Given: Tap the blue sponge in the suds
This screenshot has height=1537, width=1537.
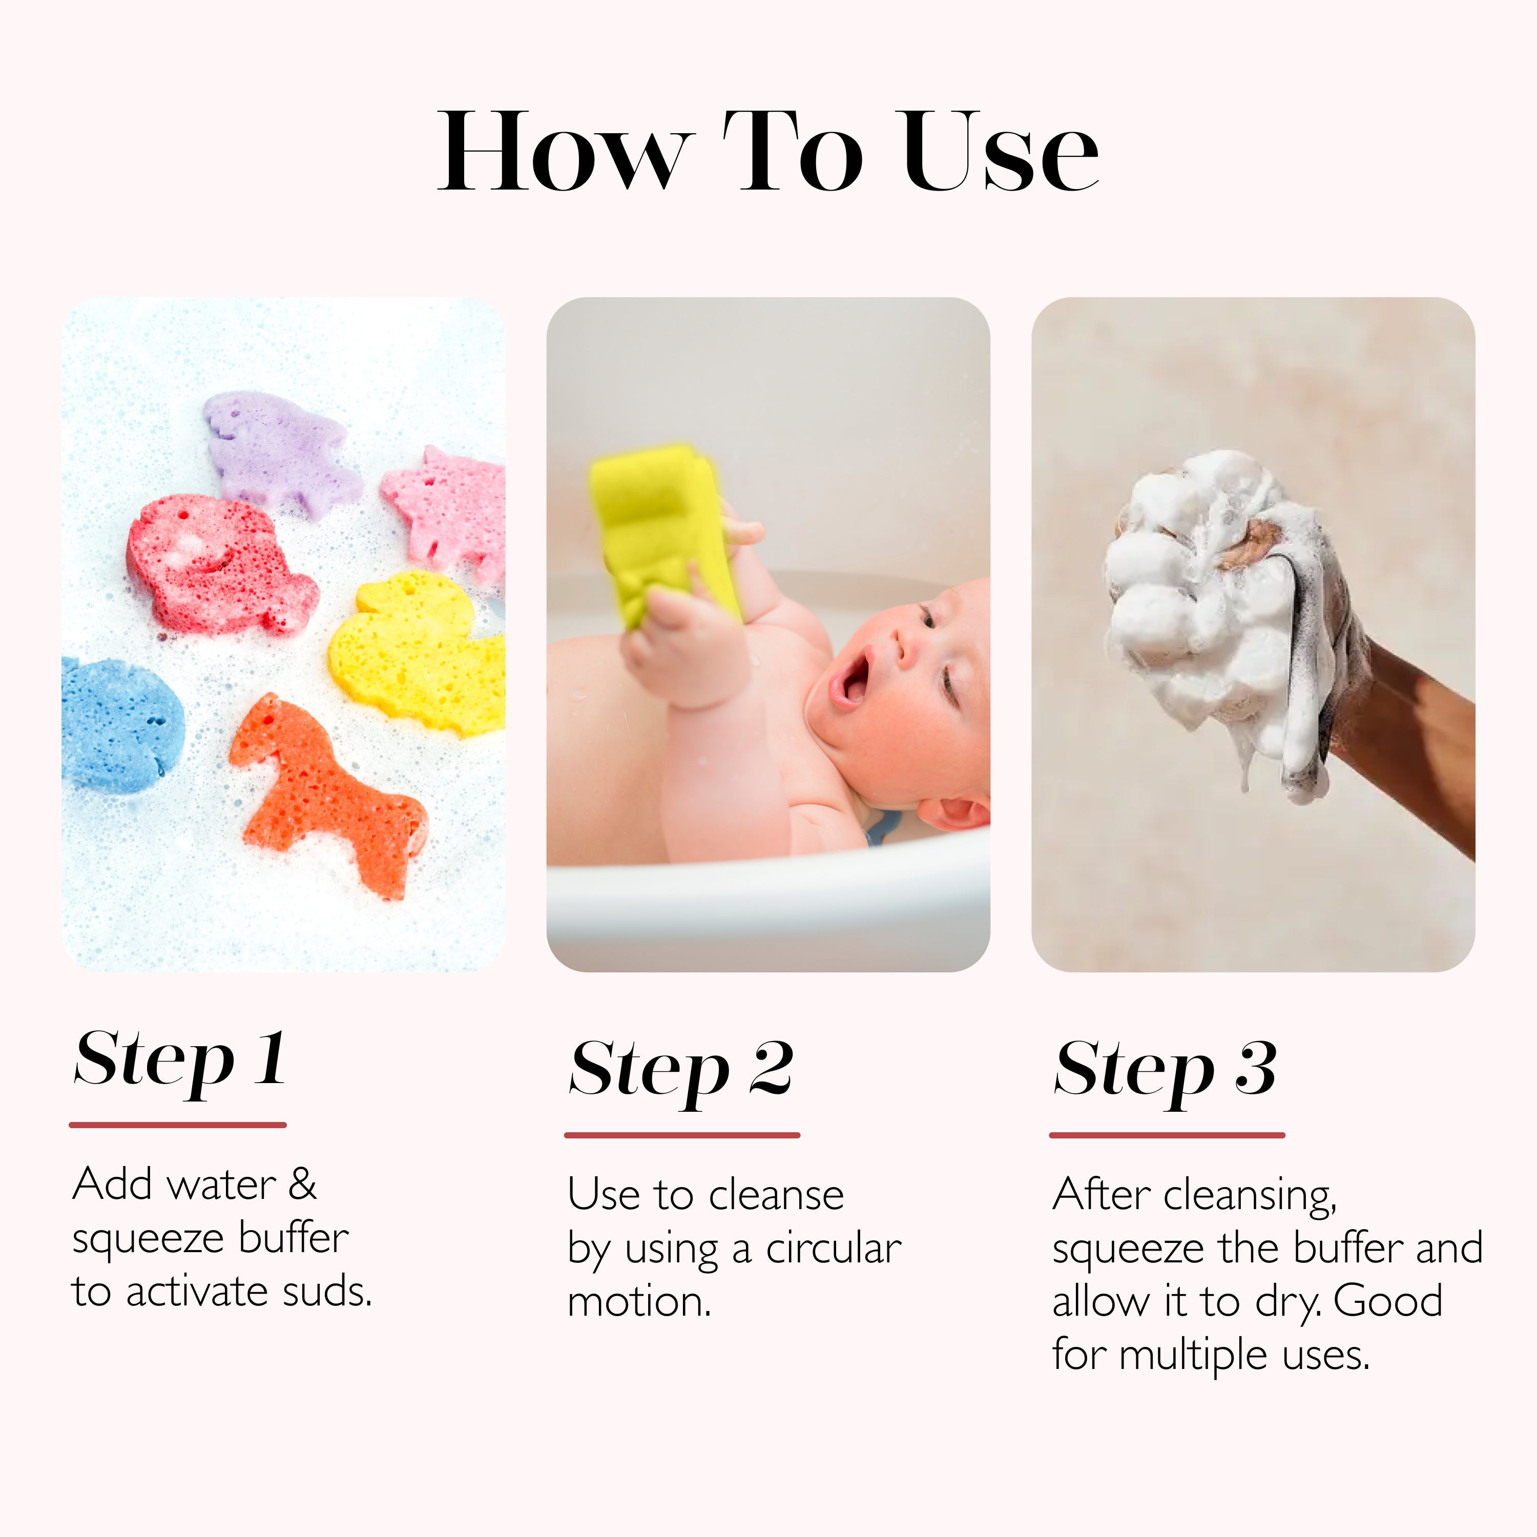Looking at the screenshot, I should tap(119, 724).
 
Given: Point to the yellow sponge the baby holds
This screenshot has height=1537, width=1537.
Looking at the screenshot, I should tap(660, 533).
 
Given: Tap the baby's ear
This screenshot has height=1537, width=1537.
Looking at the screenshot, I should tap(959, 812).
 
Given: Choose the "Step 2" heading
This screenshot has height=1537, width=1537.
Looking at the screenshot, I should tap(681, 1070).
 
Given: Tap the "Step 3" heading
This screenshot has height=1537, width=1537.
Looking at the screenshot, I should tap(1166, 1070).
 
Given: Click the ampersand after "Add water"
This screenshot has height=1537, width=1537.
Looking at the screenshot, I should tap(302, 1185).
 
